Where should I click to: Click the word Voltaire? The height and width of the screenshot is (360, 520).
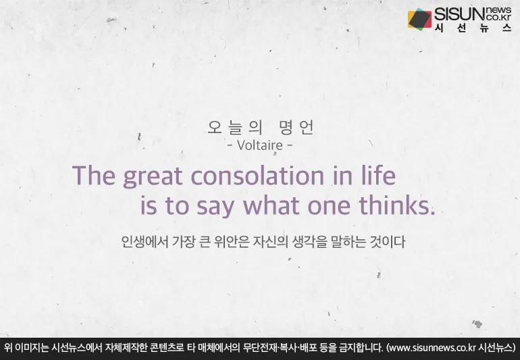pos(260,145)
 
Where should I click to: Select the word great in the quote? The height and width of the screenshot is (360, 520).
pos(153,177)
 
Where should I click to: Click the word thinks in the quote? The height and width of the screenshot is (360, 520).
pos(396,206)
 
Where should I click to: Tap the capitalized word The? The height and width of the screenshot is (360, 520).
pos(95,176)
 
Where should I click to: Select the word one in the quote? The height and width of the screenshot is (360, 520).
pos(334,207)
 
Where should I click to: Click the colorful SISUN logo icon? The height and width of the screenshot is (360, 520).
pos(419,20)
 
